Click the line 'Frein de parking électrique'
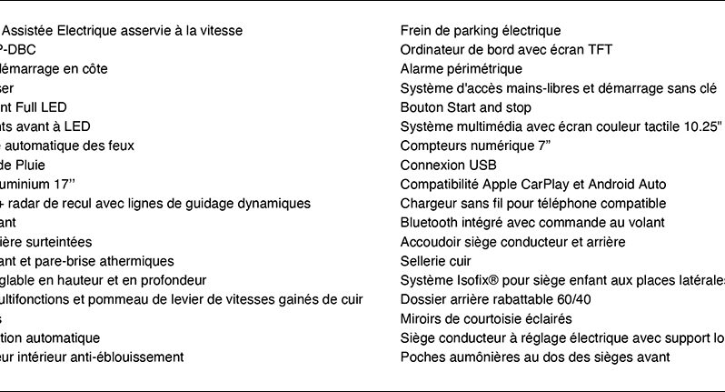coord(481,31)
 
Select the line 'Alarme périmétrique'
coord(461,69)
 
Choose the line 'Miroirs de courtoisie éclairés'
coord(486,318)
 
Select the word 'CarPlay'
coord(547,185)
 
